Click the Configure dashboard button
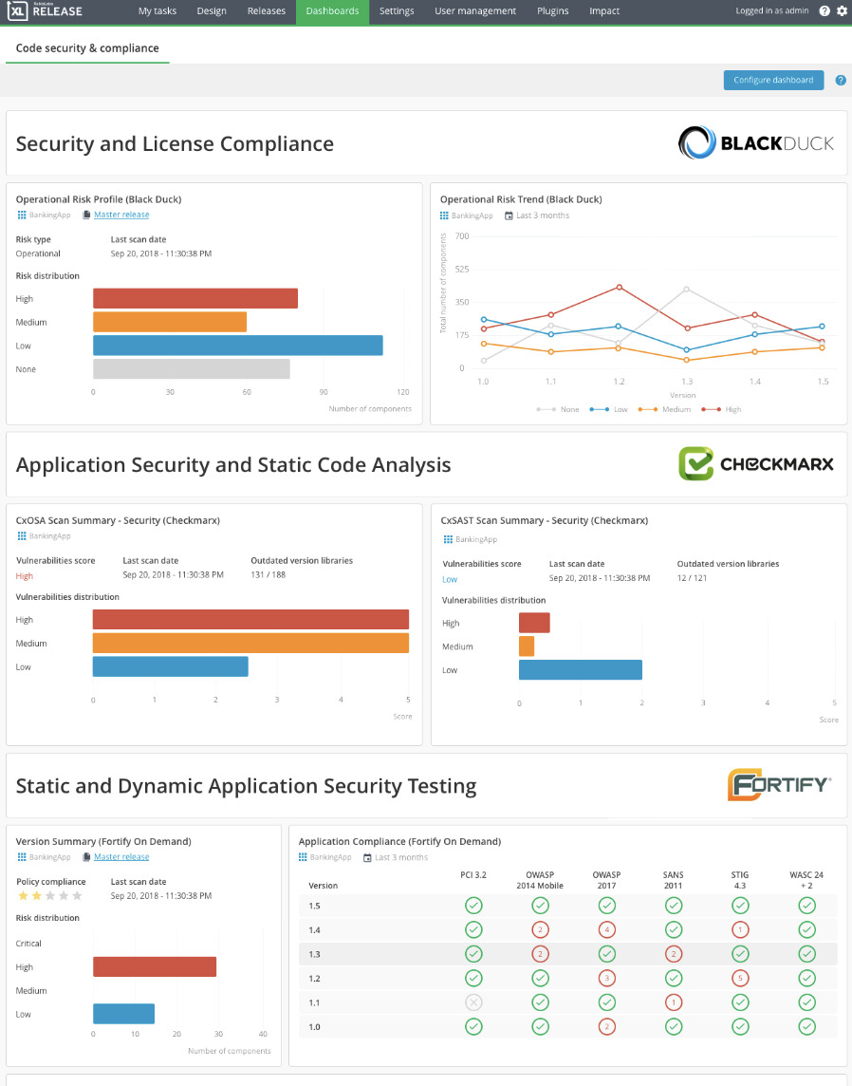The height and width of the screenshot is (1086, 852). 773,80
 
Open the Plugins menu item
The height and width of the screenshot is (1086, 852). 552,11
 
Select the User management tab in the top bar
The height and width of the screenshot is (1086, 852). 475,11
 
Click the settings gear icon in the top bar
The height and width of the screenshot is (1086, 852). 842,11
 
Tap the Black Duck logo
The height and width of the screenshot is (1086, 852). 755,143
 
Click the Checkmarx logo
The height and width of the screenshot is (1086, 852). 755,464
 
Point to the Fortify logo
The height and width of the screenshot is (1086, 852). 779,785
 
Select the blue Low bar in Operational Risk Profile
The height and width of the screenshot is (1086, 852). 237,346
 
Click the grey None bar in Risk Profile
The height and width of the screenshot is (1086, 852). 191,369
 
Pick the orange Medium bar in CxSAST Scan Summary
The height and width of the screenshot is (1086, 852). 527,646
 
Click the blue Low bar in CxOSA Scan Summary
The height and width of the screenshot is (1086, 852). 170,666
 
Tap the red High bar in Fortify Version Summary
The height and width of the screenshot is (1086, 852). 155,966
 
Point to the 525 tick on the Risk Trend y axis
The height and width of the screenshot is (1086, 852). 462,269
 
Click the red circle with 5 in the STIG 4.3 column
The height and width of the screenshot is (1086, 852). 740,978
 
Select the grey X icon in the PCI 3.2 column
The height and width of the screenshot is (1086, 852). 473,1002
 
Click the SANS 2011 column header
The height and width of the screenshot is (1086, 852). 674,880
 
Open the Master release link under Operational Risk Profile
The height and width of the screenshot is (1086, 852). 121,215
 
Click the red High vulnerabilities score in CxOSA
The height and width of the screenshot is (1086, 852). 25,575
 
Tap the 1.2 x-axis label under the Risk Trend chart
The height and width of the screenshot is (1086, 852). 619,381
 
